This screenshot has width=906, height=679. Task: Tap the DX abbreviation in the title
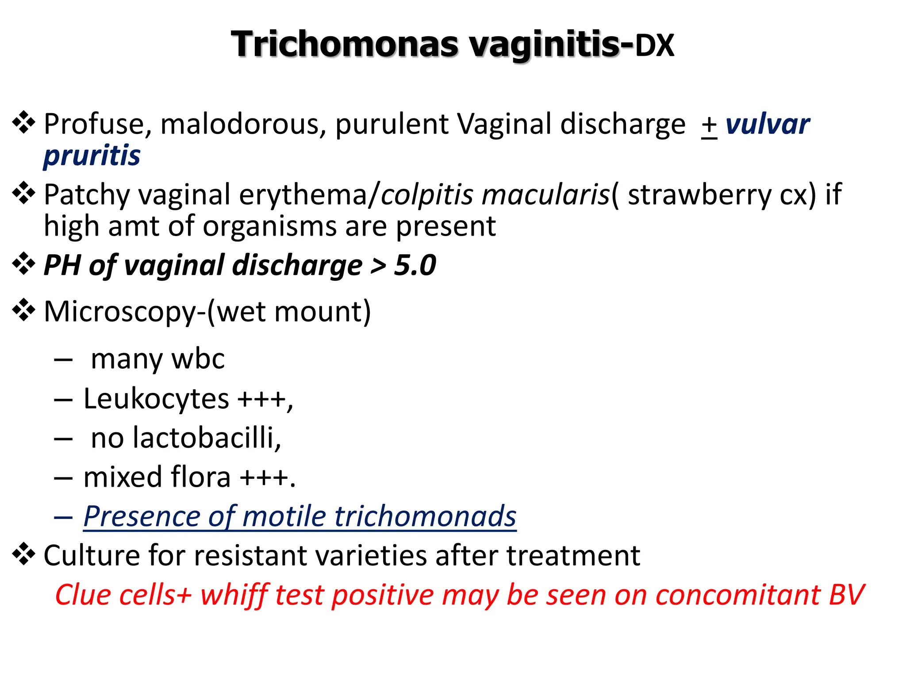point(655,46)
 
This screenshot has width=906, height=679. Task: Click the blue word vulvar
point(768,124)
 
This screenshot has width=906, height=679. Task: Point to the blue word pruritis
point(92,156)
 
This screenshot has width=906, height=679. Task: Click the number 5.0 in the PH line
point(415,265)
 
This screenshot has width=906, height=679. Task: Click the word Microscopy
point(120,312)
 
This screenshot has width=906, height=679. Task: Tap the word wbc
point(198,359)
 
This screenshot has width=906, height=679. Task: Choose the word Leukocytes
point(156,399)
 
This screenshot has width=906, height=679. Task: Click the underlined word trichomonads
point(425,516)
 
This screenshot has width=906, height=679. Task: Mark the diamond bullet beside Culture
point(23,555)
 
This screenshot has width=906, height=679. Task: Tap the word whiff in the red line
point(234,595)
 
